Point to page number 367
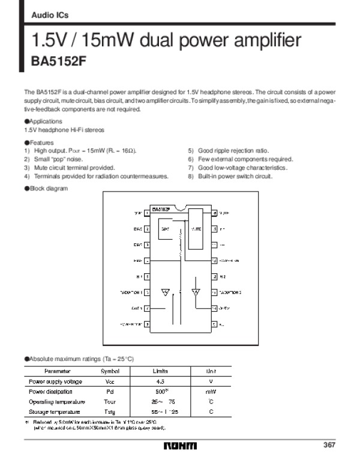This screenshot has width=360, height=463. click(x=328, y=445)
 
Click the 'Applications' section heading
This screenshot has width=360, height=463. click(x=45, y=121)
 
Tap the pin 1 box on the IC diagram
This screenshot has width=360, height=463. click(x=147, y=213)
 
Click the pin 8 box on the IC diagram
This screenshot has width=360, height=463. click(x=147, y=324)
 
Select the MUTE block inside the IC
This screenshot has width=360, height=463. click(x=196, y=229)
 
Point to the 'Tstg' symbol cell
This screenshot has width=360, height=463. click(x=110, y=412)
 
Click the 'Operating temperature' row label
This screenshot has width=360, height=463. click(x=57, y=402)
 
